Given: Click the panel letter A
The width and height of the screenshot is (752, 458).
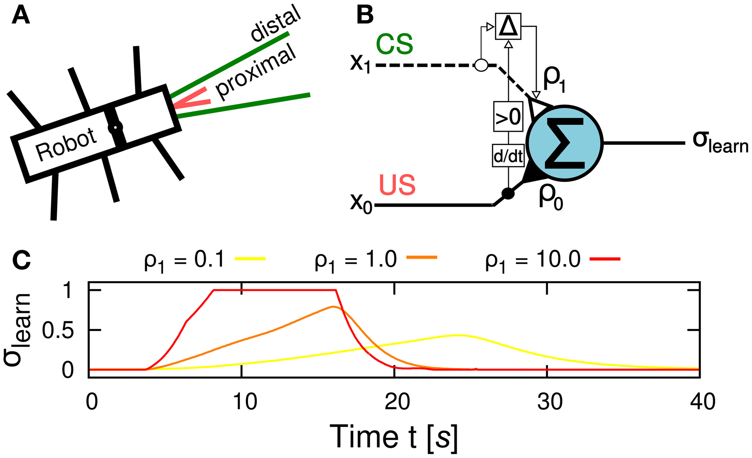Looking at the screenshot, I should [20, 16].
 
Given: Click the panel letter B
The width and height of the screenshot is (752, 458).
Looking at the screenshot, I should [365, 16].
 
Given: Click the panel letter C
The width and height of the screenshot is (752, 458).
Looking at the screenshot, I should [21, 260].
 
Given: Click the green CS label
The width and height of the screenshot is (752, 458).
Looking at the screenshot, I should [395, 44].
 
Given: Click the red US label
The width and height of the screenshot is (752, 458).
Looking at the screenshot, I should [397, 185].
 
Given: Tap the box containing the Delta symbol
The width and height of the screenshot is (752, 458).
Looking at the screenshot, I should [508, 26].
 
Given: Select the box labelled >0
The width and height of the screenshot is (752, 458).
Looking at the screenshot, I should [508, 117].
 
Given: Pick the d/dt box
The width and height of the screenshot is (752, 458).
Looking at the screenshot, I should [508, 156].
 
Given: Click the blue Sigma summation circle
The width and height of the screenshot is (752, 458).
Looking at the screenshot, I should [565, 143].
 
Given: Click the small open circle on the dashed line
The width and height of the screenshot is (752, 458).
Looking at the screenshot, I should [481, 65].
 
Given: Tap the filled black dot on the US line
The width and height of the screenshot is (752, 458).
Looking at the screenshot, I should [508, 193].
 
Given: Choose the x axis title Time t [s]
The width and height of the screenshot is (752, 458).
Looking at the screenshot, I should [394, 437].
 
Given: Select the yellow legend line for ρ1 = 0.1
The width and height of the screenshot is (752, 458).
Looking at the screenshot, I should [250, 258].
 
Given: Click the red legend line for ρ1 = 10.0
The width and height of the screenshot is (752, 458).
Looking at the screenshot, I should [605, 258].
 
